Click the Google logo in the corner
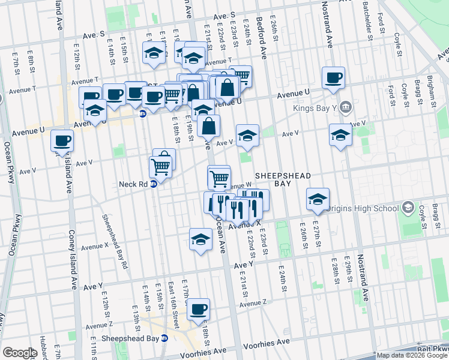coord(20,353)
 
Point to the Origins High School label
coord(364,208)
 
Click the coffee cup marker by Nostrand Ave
coord(333,77)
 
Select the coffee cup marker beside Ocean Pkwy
coord(62,141)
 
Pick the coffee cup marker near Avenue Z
coord(199,310)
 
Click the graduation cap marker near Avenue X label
coord(200,239)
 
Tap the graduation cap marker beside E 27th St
coord(318,199)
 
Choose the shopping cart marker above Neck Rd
coord(160,166)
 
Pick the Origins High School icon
coord(408,208)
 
